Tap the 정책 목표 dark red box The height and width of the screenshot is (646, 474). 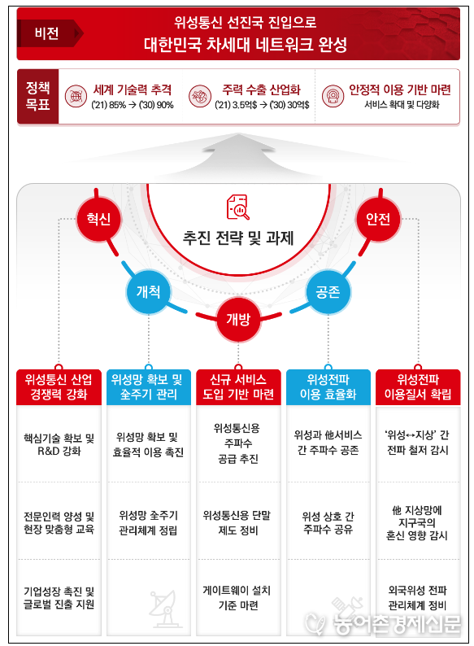38,96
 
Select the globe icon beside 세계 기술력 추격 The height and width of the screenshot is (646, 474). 76,96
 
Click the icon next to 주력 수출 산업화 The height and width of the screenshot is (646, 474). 200,96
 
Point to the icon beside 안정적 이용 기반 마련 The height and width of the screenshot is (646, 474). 333,96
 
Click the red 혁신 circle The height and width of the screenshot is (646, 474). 99,218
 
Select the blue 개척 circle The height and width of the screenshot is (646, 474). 148,292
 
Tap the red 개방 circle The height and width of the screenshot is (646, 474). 238,319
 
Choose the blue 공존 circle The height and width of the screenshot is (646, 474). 328,292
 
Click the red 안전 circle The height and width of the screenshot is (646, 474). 378,218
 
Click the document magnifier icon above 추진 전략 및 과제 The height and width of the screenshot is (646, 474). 238,207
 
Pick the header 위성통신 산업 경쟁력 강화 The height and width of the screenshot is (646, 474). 59,387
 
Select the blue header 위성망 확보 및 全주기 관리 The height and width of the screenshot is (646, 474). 149,387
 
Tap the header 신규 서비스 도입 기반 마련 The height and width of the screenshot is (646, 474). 238,387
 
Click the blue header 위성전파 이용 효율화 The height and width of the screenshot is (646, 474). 328,387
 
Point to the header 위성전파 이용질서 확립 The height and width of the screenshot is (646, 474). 418,387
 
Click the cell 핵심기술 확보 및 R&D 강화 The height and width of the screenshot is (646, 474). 59,444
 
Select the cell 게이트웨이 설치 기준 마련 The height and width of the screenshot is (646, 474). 238,597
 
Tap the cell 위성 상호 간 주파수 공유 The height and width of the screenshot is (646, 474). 328,522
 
